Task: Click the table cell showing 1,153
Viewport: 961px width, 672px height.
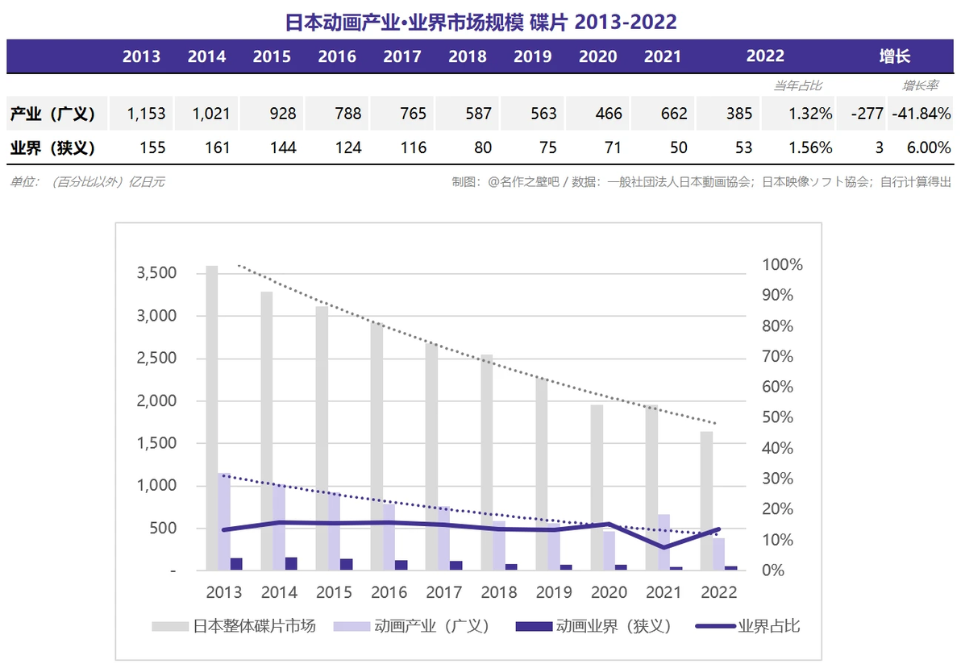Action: point(146,114)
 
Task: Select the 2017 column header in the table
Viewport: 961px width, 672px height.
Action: point(402,56)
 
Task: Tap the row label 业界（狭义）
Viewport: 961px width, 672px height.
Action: point(52,147)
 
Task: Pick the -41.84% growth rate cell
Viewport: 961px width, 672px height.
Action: point(921,114)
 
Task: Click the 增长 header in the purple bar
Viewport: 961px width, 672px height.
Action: point(895,56)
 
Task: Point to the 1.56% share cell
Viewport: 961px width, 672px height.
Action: point(810,147)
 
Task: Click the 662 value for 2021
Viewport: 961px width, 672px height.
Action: point(673,114)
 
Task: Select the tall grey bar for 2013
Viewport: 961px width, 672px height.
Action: point(211,417)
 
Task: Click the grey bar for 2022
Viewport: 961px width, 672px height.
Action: point(707,500)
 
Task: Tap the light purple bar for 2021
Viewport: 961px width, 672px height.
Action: point(664,542)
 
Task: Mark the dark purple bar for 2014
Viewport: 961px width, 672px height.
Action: point(291,563)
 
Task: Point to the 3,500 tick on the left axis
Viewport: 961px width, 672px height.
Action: point(156,272)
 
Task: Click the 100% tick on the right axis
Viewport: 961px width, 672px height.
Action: point(782,264)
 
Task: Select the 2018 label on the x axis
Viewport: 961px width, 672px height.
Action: point(499,592)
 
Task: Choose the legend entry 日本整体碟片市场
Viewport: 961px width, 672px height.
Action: point(234,626)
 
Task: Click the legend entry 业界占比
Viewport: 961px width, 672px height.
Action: point(747,626)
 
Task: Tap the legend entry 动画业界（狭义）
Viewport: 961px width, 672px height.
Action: point(594,626)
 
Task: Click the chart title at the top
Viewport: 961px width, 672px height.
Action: point(481,22)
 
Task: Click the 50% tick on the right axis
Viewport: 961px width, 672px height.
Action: point(777,417)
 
